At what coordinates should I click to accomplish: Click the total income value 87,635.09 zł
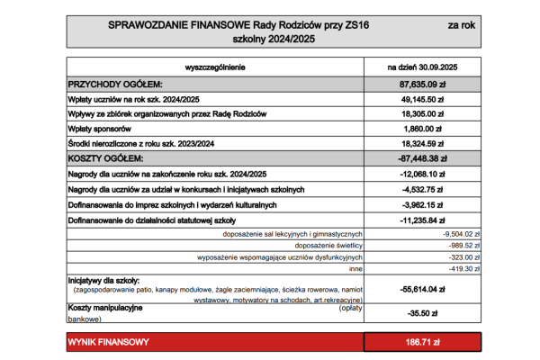tap(423, 84)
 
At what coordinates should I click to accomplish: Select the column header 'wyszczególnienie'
tap(214, 67)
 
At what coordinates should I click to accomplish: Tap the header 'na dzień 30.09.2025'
tap(423, 67)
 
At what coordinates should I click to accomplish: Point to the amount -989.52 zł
tap(463, 245)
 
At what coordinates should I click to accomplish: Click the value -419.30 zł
tap(463, 267)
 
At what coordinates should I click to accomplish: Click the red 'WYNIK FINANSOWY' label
tap(109, 343)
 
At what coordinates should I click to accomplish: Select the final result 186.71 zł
tap(423, 343)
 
